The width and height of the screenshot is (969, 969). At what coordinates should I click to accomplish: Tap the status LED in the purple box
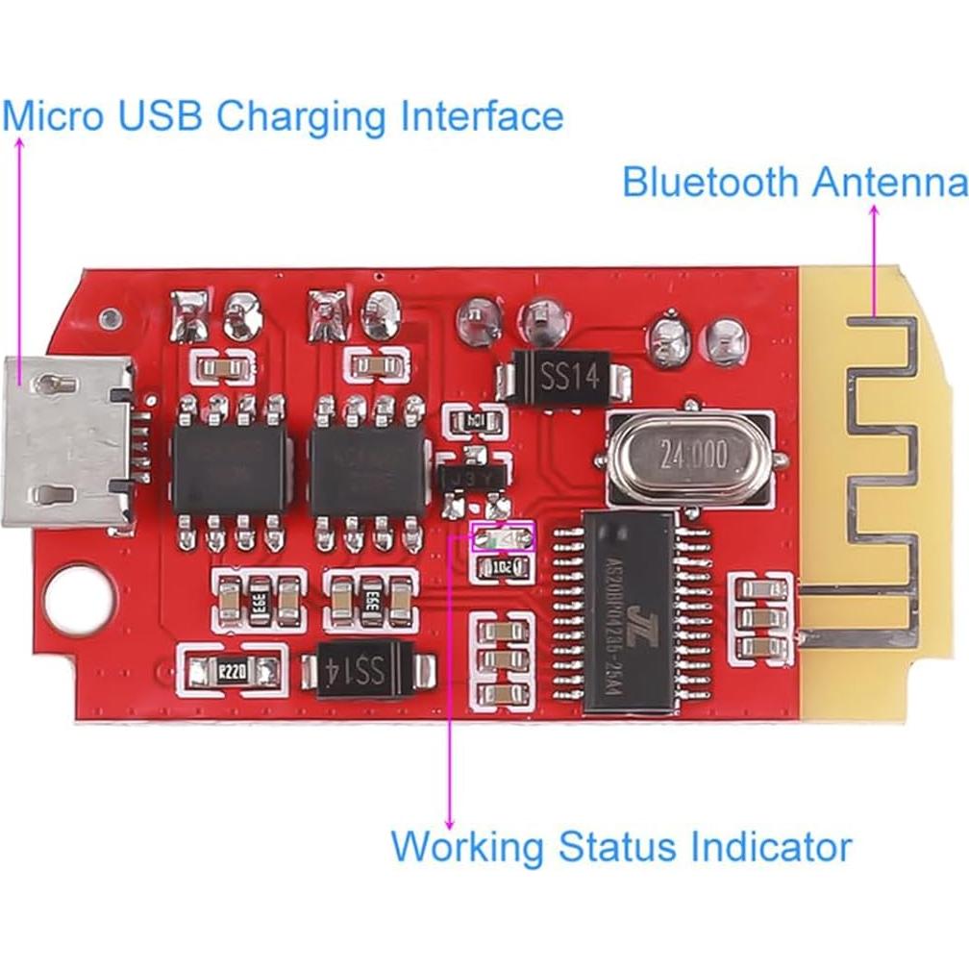(503, 538)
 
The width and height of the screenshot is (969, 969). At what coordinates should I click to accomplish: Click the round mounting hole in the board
(73, 596)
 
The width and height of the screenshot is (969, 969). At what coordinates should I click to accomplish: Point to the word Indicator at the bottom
(769, 847)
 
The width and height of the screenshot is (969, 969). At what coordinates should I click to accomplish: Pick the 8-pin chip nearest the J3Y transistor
(368, 467)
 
